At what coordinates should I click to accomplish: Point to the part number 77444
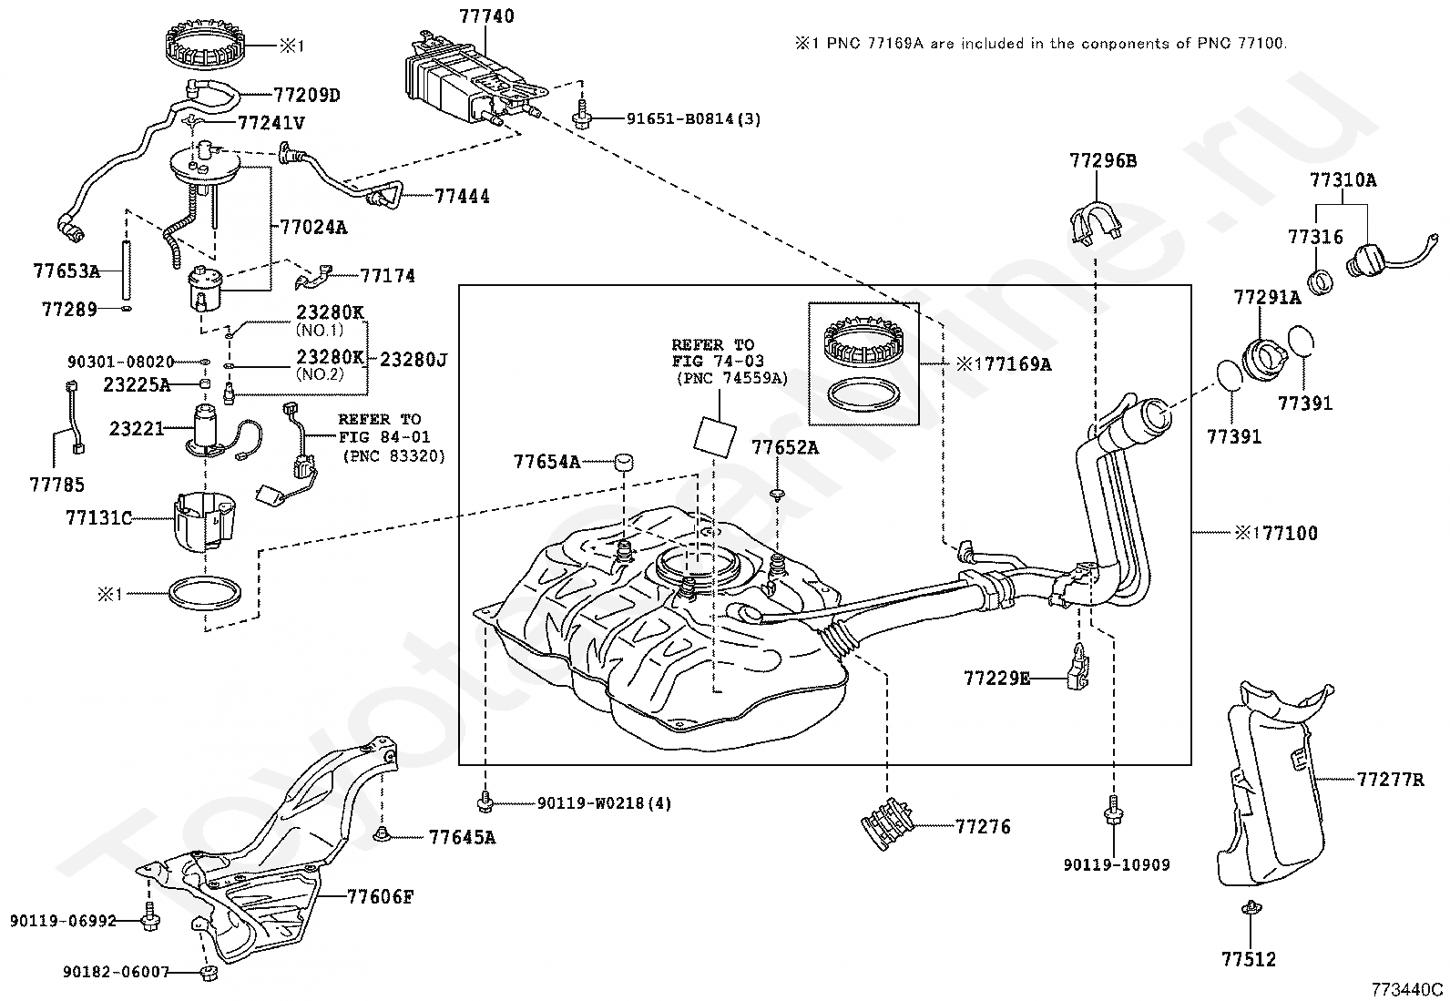(462, 196)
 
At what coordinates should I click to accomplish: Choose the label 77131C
(98, 518)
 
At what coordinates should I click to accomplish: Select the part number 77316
(1315, 237)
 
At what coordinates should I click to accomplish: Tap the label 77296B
(1103, 161)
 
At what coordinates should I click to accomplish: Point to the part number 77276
(983, 827)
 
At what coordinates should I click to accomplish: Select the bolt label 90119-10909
(1116, 864)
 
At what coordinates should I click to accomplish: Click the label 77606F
(380, 896)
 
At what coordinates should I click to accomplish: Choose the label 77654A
(546, 462)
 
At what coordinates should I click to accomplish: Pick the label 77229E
(997, 678)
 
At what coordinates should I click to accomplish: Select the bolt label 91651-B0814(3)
(693, 118)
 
